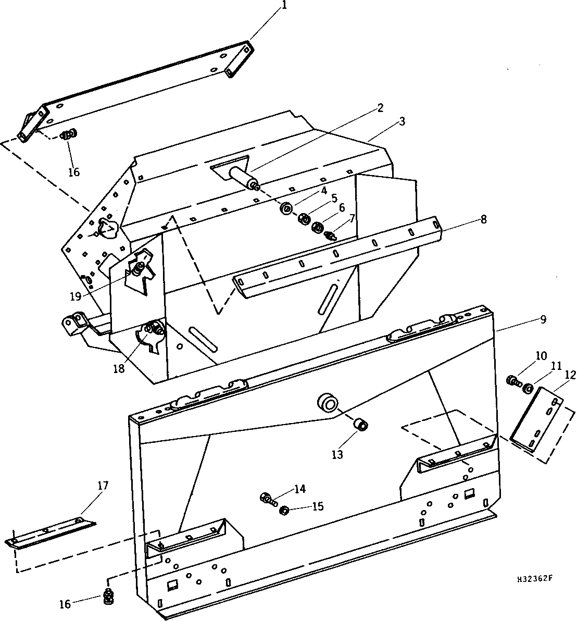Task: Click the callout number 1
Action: click(x=283, y=6)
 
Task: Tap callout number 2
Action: click(x=380, y=107)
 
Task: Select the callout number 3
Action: click(x=402, y=121)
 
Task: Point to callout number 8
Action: click(x=484, y=219)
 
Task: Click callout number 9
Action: click(x=543, y=319)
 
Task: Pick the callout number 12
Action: click(x=570, y=375)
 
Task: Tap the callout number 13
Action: click(x=337, y=455)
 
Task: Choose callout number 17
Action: click(x=103, y=486)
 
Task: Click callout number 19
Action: click(x=76, y=296)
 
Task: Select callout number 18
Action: click(x=119, y=368)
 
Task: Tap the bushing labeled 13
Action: click(x=360, y=426)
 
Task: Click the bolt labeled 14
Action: click(x=268, y=498)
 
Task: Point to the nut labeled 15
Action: click(x=283, y=510)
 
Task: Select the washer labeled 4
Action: click(x=286, y=208)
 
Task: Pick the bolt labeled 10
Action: click(x=513, y=381)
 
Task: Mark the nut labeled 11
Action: click(x=528, y=389)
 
